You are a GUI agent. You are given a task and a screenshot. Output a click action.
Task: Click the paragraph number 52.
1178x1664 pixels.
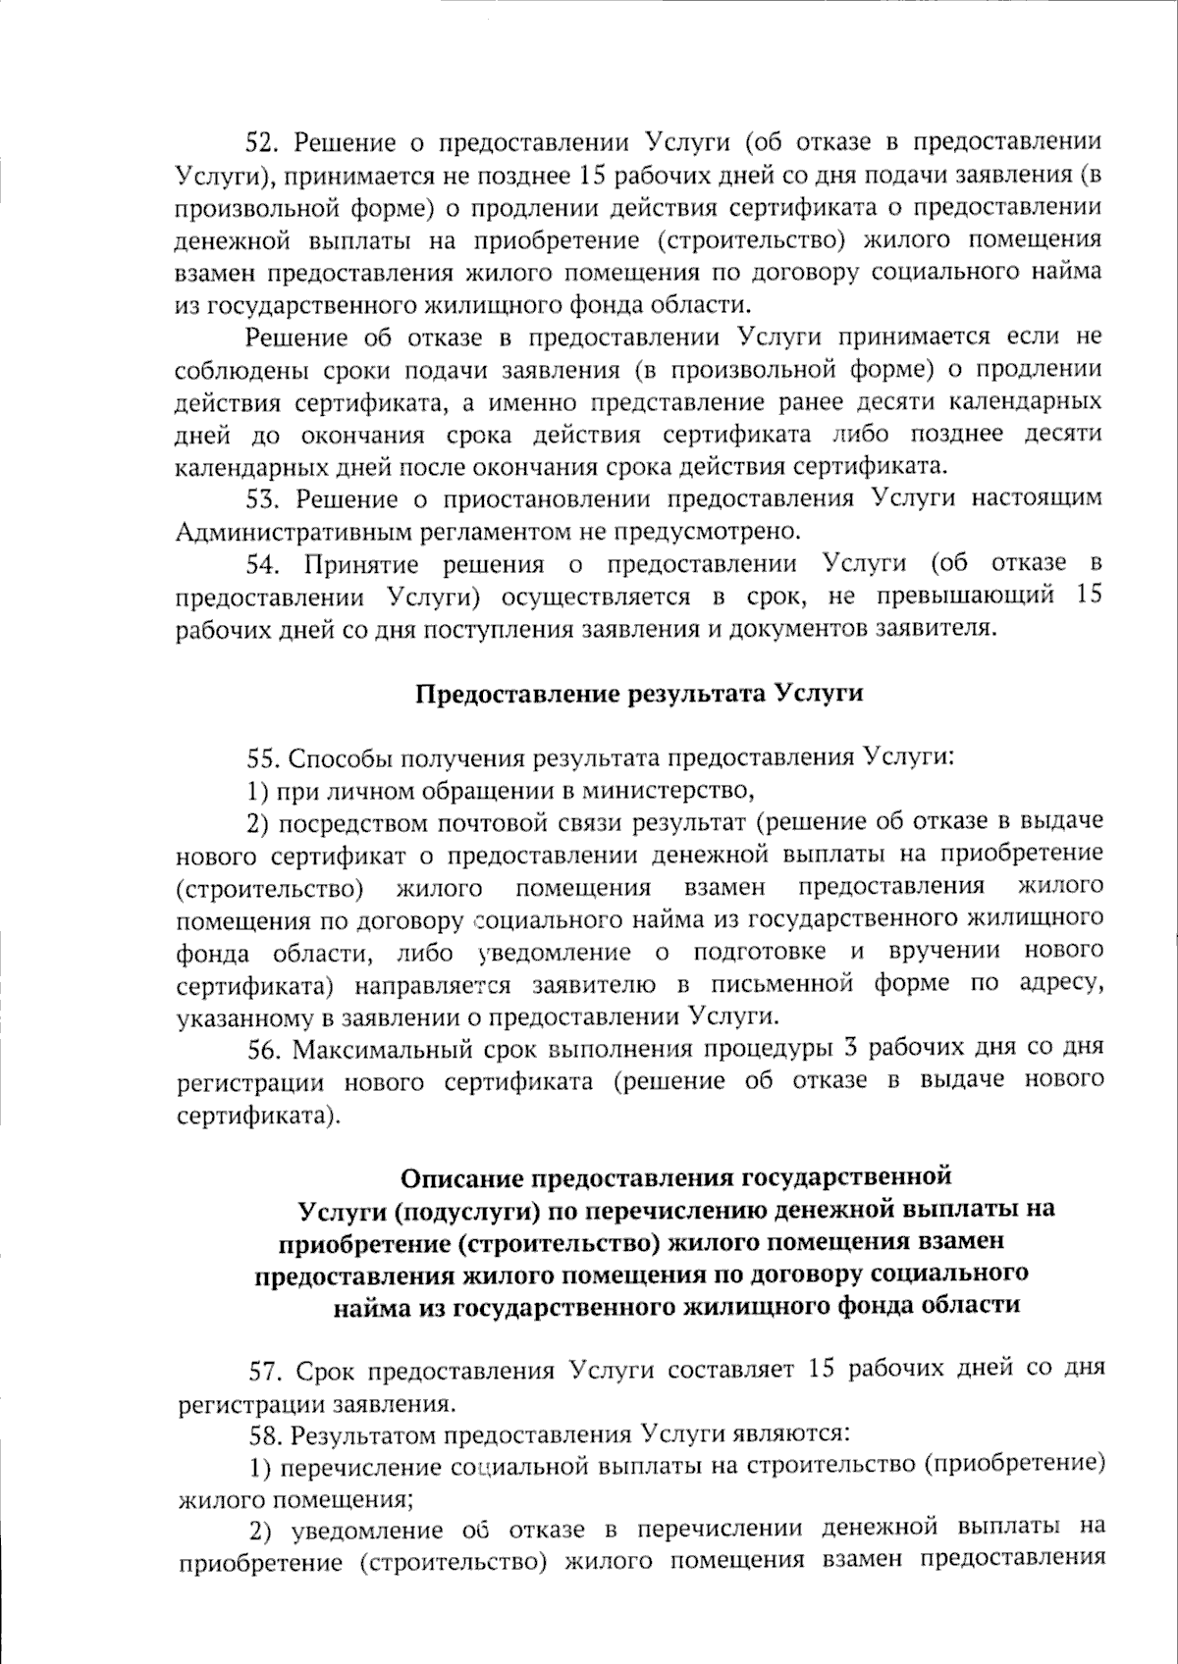263,143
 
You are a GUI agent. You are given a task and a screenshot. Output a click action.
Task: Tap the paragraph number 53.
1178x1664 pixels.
263,499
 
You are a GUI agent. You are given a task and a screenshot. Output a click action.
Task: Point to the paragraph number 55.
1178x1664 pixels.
263,757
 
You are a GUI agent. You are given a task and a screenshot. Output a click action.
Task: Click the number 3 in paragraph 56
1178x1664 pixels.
851,1048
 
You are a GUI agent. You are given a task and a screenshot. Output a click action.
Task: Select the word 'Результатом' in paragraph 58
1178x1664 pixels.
360,1434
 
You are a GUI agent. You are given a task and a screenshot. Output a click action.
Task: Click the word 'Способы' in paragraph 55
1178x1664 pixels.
336,757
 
